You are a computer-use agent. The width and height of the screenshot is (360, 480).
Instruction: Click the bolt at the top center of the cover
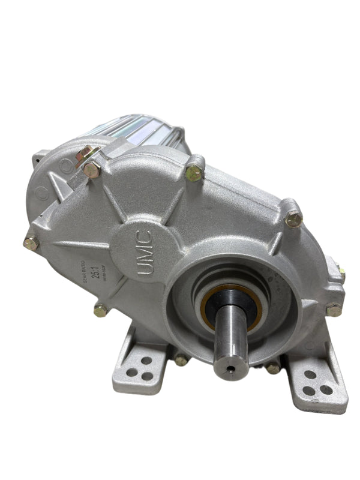194,173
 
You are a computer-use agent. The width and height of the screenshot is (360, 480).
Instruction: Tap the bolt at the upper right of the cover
293,220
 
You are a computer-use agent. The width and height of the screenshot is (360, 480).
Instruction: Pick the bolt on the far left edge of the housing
31,244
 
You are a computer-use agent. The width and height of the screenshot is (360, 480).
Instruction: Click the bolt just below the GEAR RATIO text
101,310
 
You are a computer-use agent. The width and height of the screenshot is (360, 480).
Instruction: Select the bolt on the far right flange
334,310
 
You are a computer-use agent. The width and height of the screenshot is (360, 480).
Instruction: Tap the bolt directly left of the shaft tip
181,360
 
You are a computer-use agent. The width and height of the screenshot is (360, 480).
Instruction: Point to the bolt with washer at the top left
92,170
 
